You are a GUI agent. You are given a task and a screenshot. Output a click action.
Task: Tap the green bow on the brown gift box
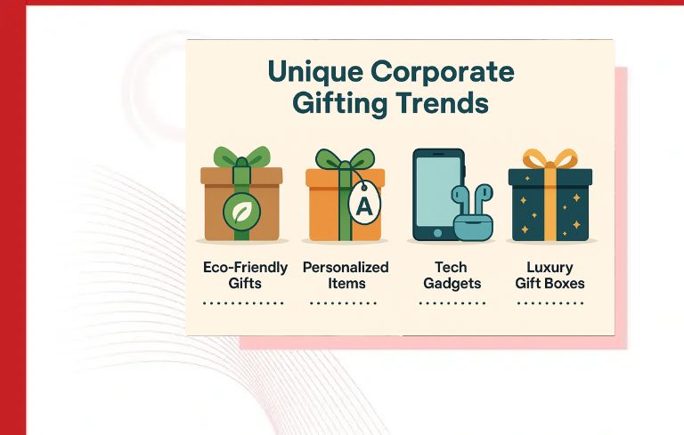[241, 157]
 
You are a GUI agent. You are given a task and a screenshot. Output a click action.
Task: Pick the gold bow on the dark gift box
[550, 159]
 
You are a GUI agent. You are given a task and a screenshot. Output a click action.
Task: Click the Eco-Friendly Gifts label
[245, 275]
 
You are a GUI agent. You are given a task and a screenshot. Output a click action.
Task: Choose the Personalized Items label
[346, 275]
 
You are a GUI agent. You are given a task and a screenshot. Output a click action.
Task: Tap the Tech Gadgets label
[451, 275]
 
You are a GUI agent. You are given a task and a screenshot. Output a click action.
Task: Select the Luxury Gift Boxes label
[550, 275]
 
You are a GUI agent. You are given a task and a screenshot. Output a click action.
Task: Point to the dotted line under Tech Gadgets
[451, 303]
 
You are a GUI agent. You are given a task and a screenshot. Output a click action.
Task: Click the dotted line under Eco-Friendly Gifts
[243, 303]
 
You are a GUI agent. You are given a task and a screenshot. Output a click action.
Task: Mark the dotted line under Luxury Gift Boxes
[550, 303]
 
